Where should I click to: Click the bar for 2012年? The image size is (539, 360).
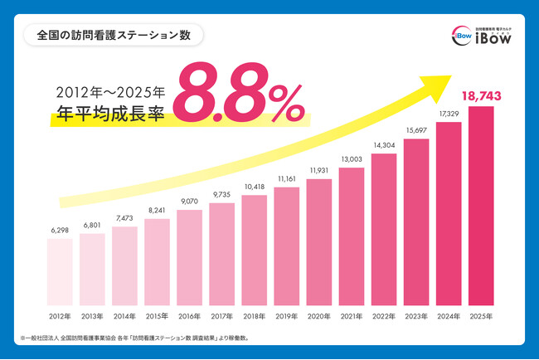pos(60,272)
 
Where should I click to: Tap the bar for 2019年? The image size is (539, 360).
pos(286,246)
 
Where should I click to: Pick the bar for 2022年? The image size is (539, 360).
pos(384,230)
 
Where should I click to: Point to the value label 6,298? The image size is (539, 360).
pos(60,231)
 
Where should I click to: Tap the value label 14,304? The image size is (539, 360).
pos(384,144)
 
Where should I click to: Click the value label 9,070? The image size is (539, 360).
pos(189,200)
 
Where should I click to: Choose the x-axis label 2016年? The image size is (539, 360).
pos(189,316)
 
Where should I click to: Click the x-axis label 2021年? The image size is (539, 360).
pos(352,316)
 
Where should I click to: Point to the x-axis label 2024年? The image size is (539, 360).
pos(449,316)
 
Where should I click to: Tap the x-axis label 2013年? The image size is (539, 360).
pos(92,316)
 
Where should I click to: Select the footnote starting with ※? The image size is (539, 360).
pos(141,338)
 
